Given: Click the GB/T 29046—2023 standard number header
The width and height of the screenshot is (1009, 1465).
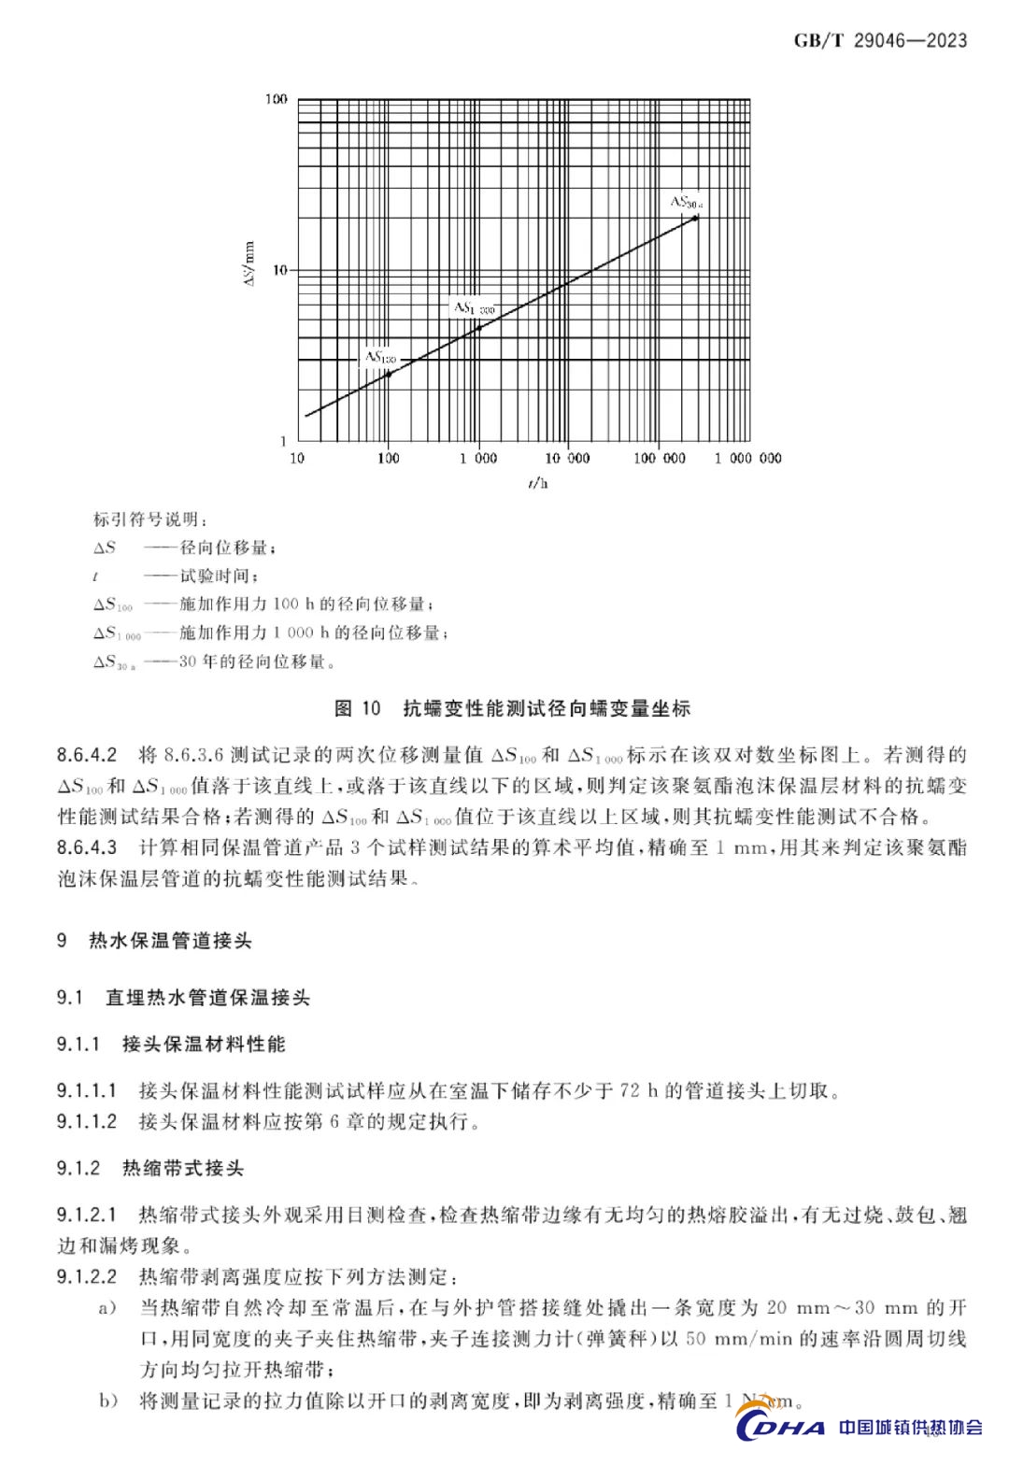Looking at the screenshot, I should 880,40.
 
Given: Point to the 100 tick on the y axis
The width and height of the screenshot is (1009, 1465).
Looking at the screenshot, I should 277,99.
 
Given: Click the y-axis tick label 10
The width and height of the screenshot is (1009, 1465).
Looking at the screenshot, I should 279,270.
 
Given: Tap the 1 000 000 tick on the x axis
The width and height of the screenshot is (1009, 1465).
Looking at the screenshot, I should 748,458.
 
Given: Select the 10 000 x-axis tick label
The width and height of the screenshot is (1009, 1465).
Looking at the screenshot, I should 568,458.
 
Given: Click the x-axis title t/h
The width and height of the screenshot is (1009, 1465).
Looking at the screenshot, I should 537,483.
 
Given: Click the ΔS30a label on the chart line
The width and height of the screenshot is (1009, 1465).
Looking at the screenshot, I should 686,202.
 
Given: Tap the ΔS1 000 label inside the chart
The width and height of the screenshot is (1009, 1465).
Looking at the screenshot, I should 474,307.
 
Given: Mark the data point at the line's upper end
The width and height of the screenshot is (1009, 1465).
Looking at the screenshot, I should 695,218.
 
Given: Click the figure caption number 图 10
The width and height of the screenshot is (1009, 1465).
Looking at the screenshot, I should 358,708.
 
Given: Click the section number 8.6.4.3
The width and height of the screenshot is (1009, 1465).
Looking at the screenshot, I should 87,848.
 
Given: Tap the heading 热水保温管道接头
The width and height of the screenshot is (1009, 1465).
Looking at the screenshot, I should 170,941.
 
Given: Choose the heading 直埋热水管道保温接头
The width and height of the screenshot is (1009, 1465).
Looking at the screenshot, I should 207,998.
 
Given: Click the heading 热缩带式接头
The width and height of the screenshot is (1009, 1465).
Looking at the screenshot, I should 183,1169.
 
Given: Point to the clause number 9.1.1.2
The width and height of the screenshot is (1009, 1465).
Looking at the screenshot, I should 87,1121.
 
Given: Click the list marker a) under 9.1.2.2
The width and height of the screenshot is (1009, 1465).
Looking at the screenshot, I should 107,1308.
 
